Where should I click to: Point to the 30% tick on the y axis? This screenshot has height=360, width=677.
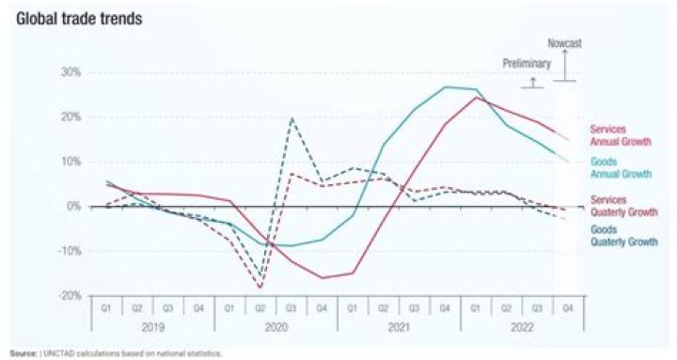tap(71, 72)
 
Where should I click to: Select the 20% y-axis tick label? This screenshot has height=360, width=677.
tap(71, 117)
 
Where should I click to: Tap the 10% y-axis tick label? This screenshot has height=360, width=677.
tap(71, 162)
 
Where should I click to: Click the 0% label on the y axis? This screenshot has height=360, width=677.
tap(74, 206)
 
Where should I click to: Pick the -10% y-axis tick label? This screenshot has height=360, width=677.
tap(70, 251)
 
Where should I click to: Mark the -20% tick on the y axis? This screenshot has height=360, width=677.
tap(70, 295)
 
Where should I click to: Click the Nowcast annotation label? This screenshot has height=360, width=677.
tap(565, 43)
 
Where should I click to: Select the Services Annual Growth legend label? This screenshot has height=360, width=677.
tap(620, 135)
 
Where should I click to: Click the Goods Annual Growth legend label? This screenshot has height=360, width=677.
tap(620, 167)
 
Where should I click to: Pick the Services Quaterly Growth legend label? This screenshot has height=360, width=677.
tap(622, 206)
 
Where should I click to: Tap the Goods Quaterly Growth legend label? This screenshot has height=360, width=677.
tap(622, 234)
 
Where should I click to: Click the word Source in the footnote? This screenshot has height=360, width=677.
tap(20, 353)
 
